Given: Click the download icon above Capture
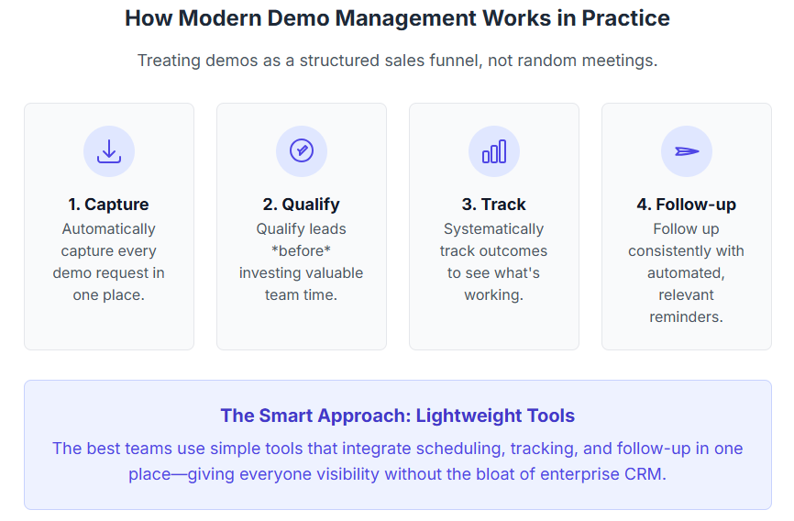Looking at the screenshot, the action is pyautogui.click(x=109, y=151).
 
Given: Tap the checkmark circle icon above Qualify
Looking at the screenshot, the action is pyautogui.click(x=302, y=151).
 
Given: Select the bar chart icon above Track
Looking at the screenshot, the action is pyautogui.click(x=494, y=151).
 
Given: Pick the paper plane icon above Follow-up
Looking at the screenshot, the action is pyautogui.click(x=687, y=151).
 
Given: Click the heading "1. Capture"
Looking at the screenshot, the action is pyautogui.click(x=109, y=205).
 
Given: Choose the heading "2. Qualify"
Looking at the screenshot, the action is pyautogui.click(x=302, y=205).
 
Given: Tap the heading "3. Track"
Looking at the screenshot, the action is pyautogui.click(x=493, y=205).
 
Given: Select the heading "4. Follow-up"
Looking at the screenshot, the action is pyautogui.click(x=686, y=205).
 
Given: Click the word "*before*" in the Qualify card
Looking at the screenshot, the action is pyautogui.click(x=302, y=251).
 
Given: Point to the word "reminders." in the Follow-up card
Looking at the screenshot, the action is pyautogui.click(x=686, y=316).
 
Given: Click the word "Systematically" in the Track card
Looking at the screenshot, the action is pyautogui.click(x=493, y=229).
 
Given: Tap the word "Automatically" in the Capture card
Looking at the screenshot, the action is pyautogui.click(x=109, y=229).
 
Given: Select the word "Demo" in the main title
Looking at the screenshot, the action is pyautogui.click(x=297, y=18).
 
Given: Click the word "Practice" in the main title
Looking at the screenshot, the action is pyautogui.click(x=626, y=18).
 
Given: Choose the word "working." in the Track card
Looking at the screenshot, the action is pyautogui.click(x=493, y=295).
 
